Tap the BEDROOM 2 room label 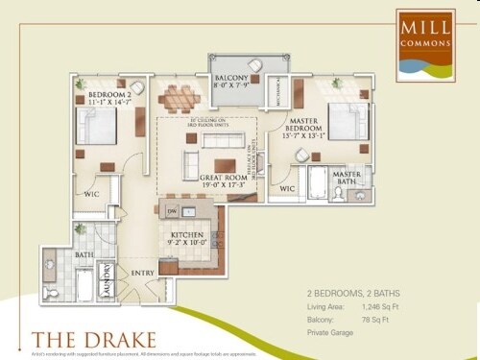[108, 96]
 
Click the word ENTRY [143, 273]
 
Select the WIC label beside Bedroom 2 [91, 194]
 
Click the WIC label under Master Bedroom [287, 189]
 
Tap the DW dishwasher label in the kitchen [172, 210]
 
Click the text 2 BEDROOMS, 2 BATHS [352, 291]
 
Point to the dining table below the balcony [180, 97]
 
